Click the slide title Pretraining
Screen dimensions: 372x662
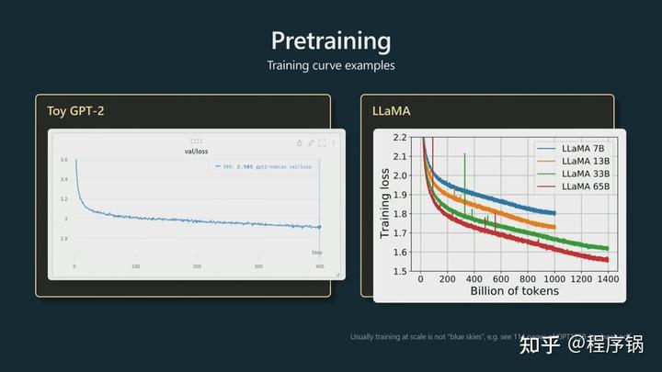point(331,40)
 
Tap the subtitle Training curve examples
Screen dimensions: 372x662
point(330,66)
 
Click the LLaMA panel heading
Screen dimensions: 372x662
point(393,111)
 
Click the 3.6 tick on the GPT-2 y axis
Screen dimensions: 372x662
point(63,160)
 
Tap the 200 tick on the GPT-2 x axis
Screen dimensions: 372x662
point(197,266)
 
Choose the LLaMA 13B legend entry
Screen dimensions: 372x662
point(574,162)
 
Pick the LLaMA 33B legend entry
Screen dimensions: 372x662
point(574,175)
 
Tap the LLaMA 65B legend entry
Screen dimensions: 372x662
point(574,187)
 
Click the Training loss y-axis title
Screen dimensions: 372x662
point(386,204)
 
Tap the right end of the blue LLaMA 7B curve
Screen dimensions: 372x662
point(554,213)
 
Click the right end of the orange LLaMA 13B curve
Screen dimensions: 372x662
point(554,227)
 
